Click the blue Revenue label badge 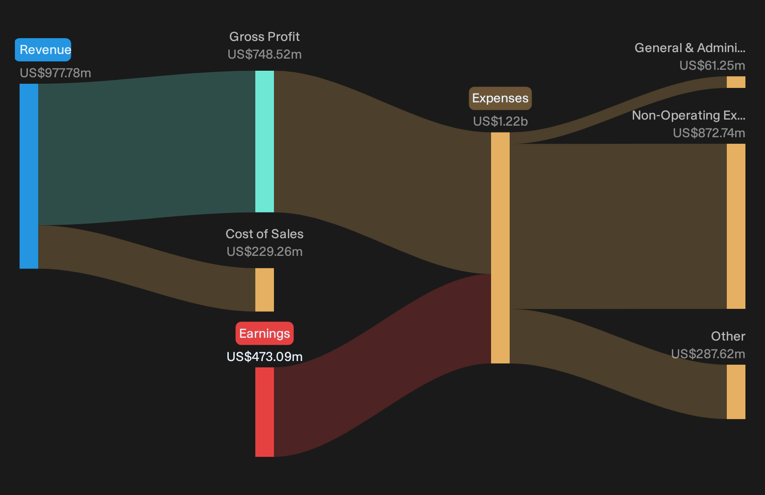[x=43, y=50]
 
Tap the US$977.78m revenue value [x=55, y=73]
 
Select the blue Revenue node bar [x=29, y=176]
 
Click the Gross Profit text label [x=264, y=36]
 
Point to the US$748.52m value [x=265, y=54]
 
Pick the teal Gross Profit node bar [x=265, y=141]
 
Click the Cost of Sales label [x=264, y=234]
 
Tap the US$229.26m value [x=265, y=252]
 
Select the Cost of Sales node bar [x=265, y=290]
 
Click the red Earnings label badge [x=265, y=333]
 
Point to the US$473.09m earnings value [x=265, y=357]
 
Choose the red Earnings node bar [x=265, y=412]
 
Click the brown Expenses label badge [x=500, y=98]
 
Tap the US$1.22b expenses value [x=500, y=121]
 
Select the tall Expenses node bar [x=500, y=248]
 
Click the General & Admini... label [x=690, y=48]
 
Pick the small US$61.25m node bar [x=736, y=82]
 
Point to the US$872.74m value [x=709, y=133]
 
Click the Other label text [x=728, y=336]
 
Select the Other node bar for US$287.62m [x=736, y=392]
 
